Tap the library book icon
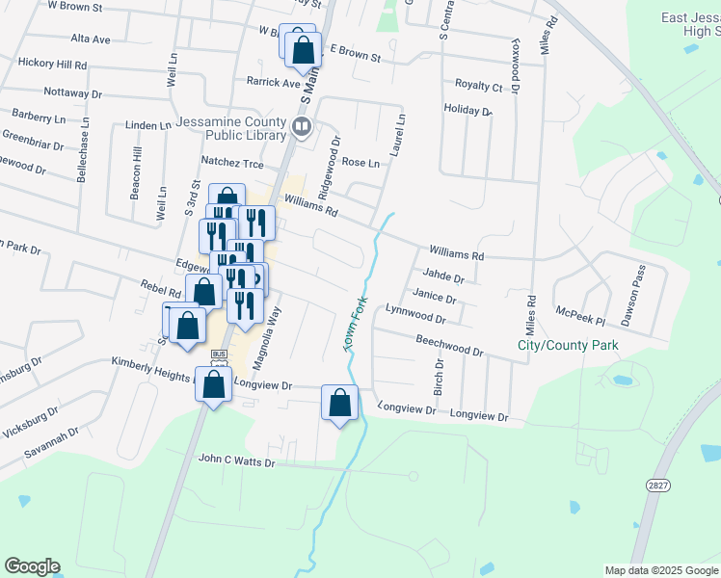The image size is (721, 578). pos(302,126)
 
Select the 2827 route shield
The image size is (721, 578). pos(658,487)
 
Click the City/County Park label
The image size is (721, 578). pos(568,344)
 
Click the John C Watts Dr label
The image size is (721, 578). pos(237,462)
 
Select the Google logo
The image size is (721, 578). pos(32,566)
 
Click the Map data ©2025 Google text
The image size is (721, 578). pos(659,570)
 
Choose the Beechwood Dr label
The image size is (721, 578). pos(449,346)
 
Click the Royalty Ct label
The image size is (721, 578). pos(479,86)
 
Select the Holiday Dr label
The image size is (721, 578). pos(467,111)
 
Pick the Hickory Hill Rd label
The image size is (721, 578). pos(53,63)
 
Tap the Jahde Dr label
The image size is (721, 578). pos(444,277)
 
